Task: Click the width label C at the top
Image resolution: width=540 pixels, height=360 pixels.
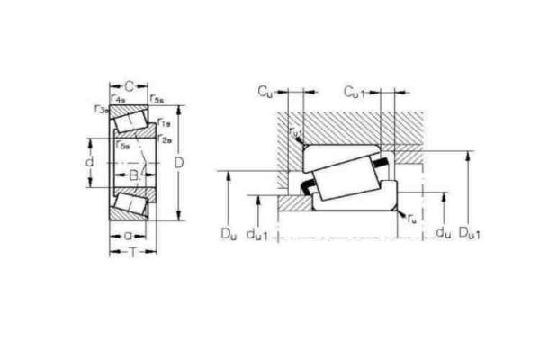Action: [x=129, y=86]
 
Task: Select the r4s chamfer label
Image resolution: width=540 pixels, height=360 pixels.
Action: [x=118, y=98]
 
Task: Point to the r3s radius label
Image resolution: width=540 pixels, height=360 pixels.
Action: [x=99, y=109]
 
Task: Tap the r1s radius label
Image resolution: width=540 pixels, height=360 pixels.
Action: [x=164, y=122]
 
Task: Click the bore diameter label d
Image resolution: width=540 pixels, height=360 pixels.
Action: [x=88, y=163]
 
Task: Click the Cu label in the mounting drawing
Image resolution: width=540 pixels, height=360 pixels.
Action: [x=265, y=91]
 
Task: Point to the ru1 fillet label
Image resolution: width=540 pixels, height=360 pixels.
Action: [x=296, y=133]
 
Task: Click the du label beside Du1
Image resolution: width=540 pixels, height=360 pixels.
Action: [x=442, y=236]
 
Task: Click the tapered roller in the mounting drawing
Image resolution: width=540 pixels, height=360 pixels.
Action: [x=346, y=176]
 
